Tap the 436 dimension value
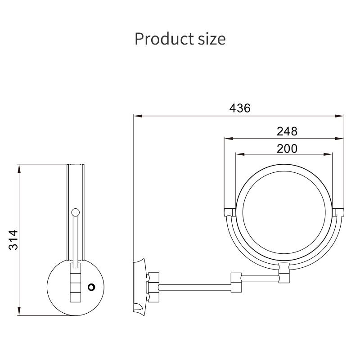(x=240, y=108)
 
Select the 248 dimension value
(x=287, y=131)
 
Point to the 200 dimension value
(x=287, y=148)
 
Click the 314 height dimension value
(x=13, y=240)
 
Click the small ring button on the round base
(x=92, y=287)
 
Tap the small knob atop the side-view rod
(x=76, y=212)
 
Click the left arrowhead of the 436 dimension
(x=138, y=116)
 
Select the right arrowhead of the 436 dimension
(x=339, y=116)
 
